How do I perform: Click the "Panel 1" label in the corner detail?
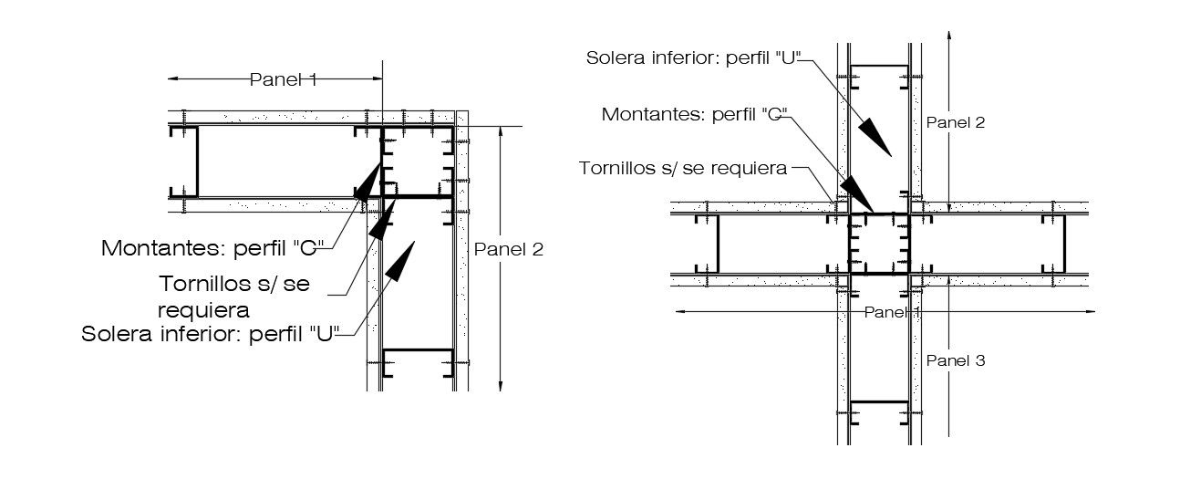(x=283, y=80)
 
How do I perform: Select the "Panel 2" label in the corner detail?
(x=508, y=249)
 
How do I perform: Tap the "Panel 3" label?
(x=955, y=360)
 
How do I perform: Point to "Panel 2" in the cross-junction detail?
(x=955, y=120)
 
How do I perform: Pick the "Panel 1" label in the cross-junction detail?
(x=893, y=312)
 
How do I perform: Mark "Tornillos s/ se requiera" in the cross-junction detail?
(x=685, y=168)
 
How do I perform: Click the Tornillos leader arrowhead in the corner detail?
(x=381, y=219)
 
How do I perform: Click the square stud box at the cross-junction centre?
(x=879, y=244)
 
